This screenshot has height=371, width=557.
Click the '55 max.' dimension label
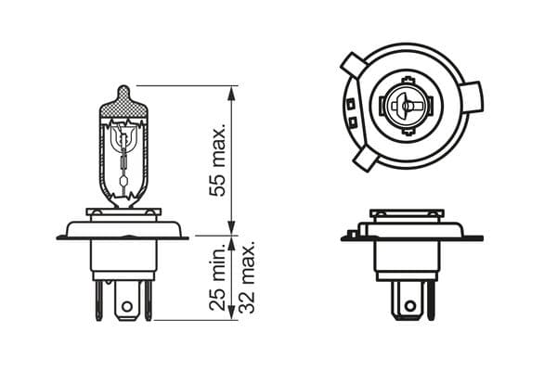tap(219, 160)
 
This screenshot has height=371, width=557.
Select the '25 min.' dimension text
tap(219, 276)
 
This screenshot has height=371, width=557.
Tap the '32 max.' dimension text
tap(246, 276)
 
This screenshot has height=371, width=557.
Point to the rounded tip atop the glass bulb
tap(123, 92)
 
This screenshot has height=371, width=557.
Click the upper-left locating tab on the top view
tap(353, 65)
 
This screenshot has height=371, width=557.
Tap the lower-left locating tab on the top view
tap(365, 160)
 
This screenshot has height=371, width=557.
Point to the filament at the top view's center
tap(405, 108)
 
